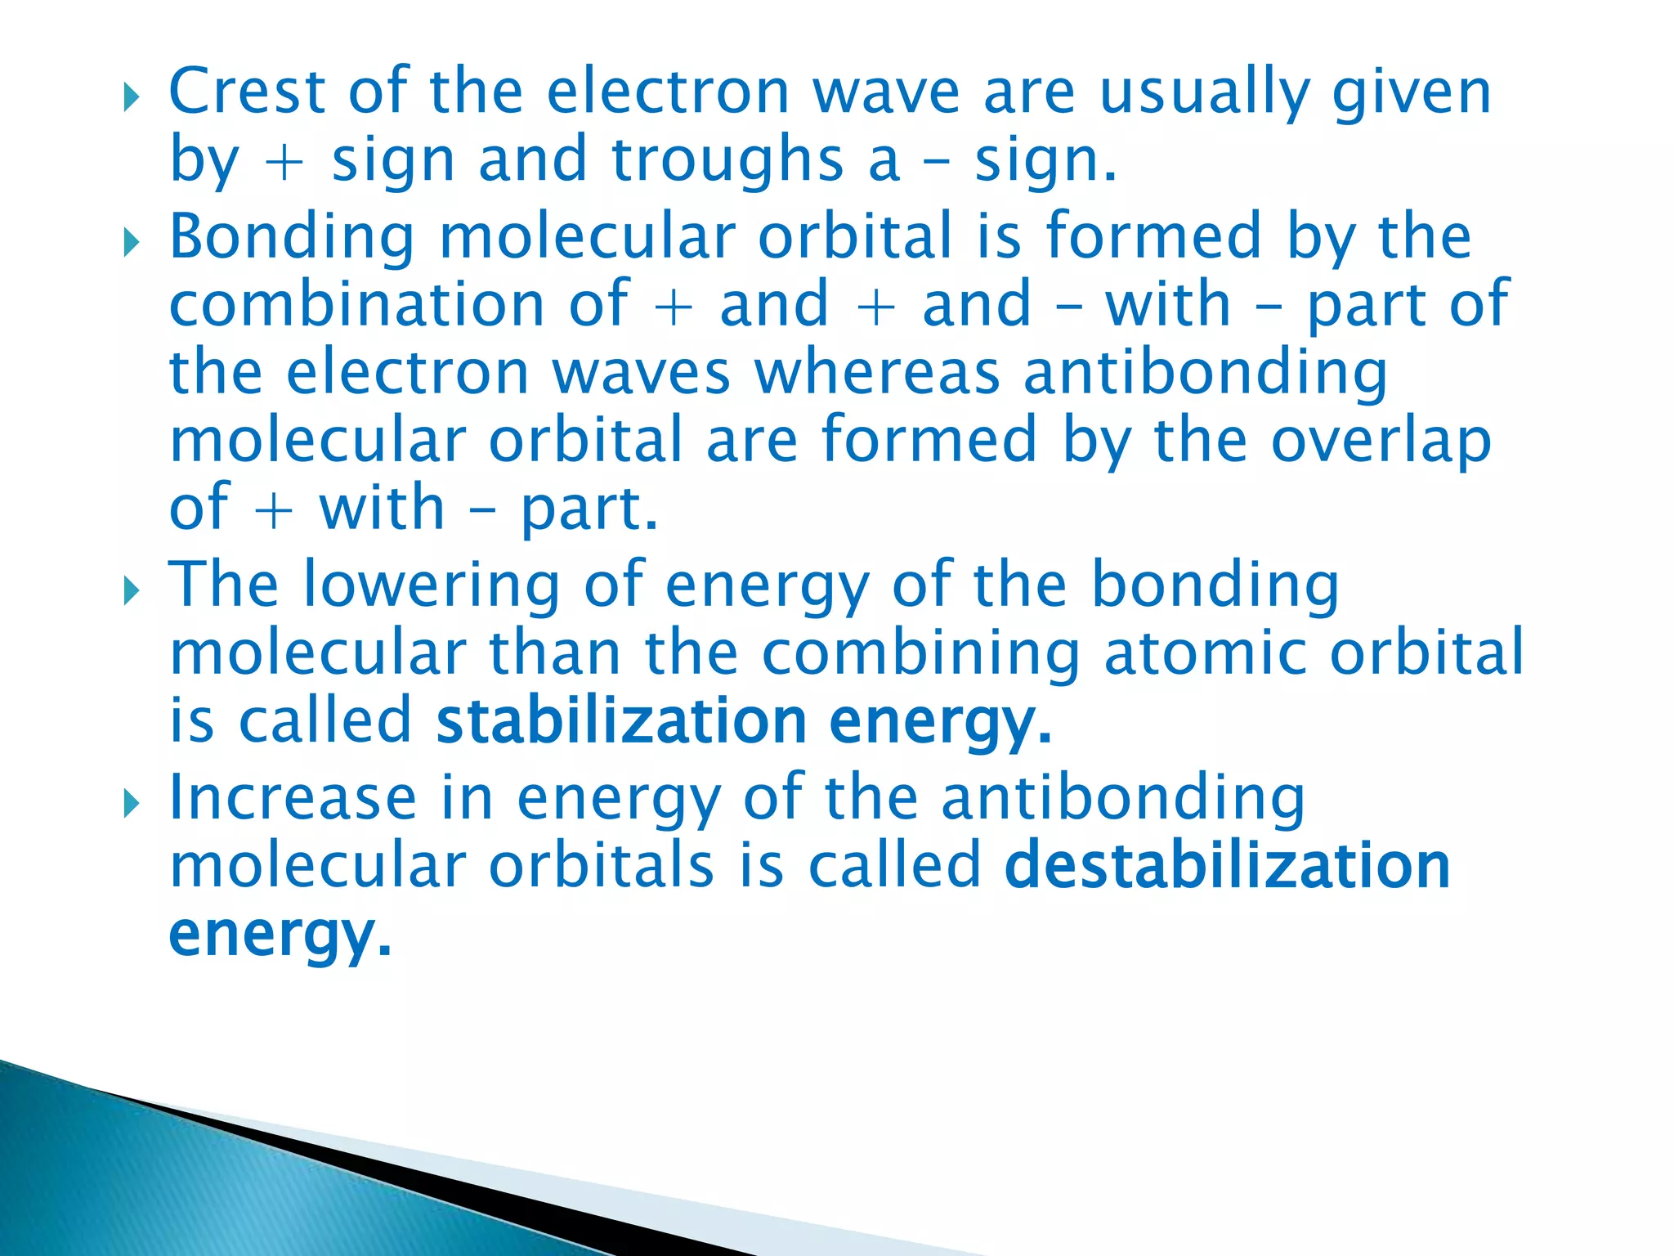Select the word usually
click(x=1205, y=93)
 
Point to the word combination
click(x=356, y=304)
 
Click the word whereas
click(x=876, y=373)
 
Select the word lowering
click(x=432, y=585)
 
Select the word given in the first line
click(x=1411, y=93)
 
